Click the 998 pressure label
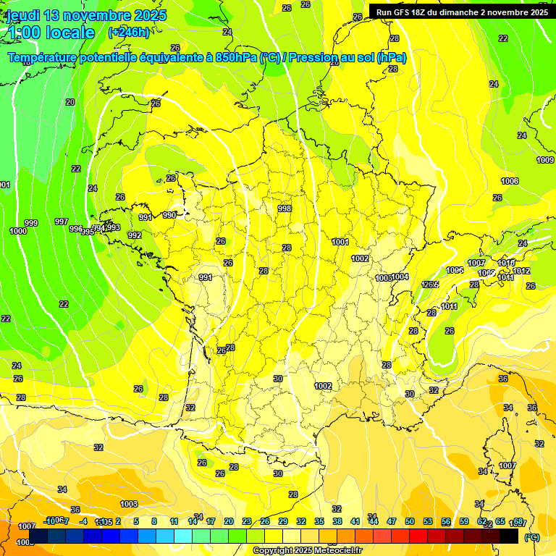pyautogui.click(x=285, y=208)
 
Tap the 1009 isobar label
pyautogui.click(x=545, y=160)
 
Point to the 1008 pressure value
pyautogui.click(x=510, y=181)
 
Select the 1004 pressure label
pyautogui.click(x=401, y=277)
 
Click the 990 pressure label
pyautogui.click(x=169, y=215)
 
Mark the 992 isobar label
pyautogui.click(x=134, y=235)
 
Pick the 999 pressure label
pyautogui.click(x=31, y=223)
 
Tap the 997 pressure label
pyautogui.click(x=62, y=222)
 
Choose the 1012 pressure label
pyautogui.click(x=522, y=271)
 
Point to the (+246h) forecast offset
pyautogui.click(x=129, y=33)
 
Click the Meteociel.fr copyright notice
pyautogui.click(x=307, y=551)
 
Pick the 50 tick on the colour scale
pyautogui.click(x=410, y=521)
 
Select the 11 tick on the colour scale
pyautogui.click(x=174, y=521)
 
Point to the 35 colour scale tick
pyautogui.click(x=319, y=521)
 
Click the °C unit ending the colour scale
pyautogui.click(x=531, y=537)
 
